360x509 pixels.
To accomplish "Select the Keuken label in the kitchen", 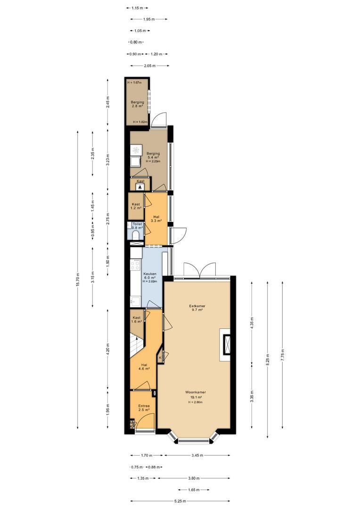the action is point(150,274).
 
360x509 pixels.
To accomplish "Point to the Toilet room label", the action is point(138,224).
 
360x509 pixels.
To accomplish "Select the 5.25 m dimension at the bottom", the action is point(180,501).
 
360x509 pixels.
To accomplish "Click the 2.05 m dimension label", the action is point(150,66).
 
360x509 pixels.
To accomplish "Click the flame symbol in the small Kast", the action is point(140,187).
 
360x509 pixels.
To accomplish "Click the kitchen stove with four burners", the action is point(136,265).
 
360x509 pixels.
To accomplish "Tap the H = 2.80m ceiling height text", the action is point(196,402).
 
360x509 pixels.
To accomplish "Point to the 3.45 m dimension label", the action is point(197,455).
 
